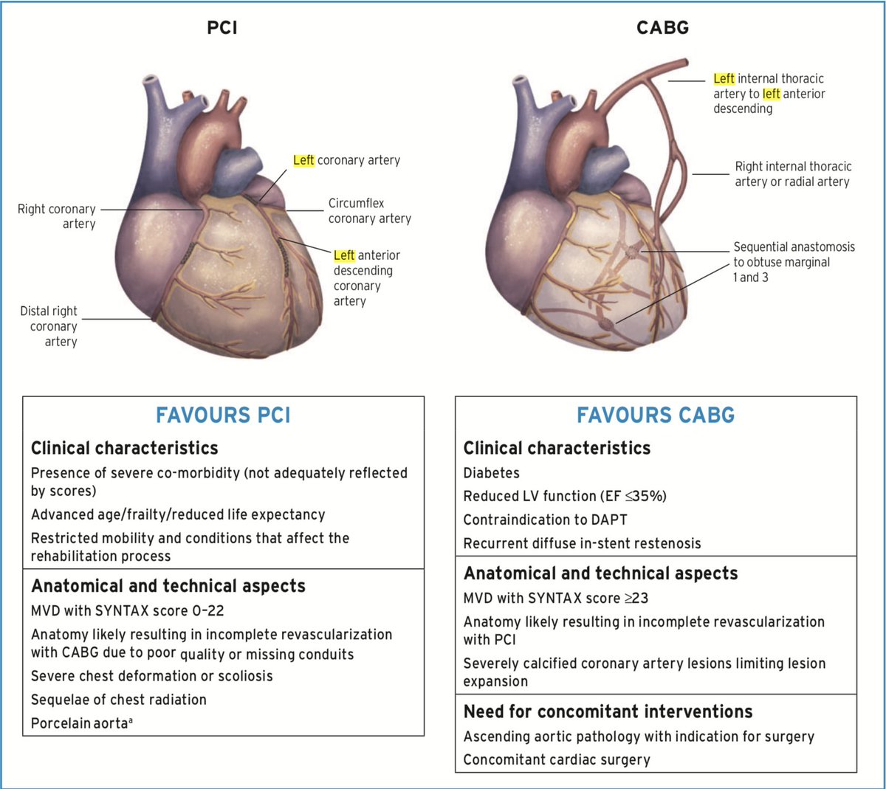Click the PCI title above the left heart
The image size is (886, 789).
(x=221, y=29)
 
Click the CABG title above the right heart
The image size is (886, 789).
(x=662, y=29)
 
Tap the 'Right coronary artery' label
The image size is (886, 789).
(x=57, y=216)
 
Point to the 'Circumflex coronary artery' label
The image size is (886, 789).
(x=369, y=211)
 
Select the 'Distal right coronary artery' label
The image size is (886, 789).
(x=49, y=326)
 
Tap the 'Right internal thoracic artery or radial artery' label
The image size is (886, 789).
(x=792, y=174)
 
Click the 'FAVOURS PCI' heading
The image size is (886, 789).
(x=223, y=416)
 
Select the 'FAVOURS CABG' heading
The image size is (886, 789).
(x=656, y=416)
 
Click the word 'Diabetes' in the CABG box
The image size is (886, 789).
(x=491, y=473)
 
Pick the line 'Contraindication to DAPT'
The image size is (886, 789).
(x=545, y=520)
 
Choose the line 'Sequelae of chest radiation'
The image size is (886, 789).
(x=119, y=700)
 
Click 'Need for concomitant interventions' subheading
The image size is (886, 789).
(x=608, y=712)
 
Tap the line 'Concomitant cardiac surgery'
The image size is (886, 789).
(x=557, y=759)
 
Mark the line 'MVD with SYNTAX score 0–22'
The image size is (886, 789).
(x=127, y=611)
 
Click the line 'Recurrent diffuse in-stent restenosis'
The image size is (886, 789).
(x=582, y=543)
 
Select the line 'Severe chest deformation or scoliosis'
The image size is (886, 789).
(x=151, y=676)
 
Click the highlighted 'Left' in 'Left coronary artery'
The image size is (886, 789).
(x=303, y=160)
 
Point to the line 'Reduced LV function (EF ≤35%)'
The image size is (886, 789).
(x=565, y=496)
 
